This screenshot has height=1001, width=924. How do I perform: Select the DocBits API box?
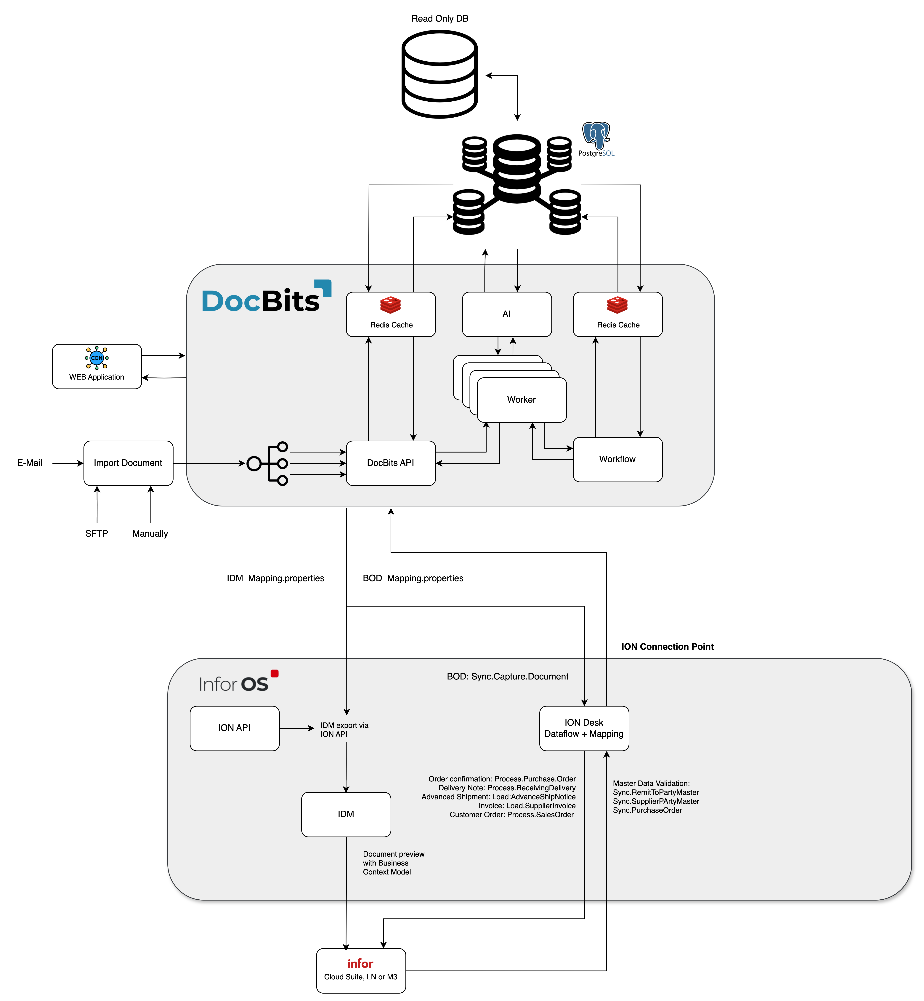click(391, 463)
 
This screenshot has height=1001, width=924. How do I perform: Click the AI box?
click(506, 314)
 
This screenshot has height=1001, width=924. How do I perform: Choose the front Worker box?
click(522, 400)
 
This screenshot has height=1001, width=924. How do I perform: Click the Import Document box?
click(128, 463)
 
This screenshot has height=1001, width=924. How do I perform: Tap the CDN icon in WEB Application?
click(97, 358)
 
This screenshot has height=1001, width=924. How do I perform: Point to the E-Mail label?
click(30, 463)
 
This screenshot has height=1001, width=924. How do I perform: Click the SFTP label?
click(97, 533)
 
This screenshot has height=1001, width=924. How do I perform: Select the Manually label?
click(150, 533)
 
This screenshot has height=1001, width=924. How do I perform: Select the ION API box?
click(235, 728)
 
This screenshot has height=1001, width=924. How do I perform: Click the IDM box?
click(346, 814)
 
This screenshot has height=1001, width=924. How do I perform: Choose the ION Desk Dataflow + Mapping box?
click(584, 728)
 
